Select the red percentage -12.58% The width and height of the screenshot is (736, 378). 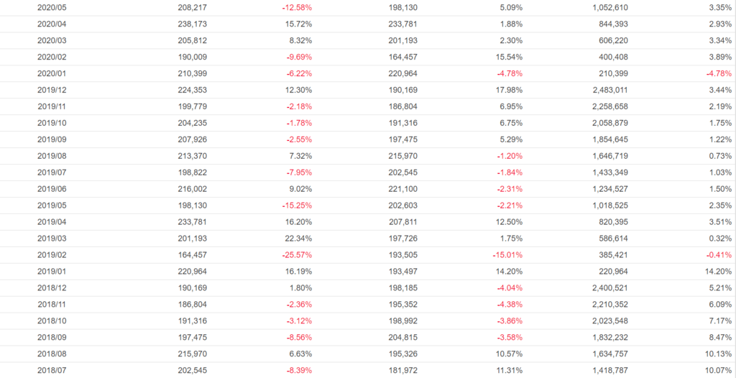[x=297, y=7]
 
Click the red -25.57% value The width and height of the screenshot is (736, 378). [x=297, y=255]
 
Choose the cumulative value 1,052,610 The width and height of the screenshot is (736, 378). [x=607, y=7]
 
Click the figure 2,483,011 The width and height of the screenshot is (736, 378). [x=607, y=90]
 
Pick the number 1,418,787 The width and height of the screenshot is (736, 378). [x=607, y=371]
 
